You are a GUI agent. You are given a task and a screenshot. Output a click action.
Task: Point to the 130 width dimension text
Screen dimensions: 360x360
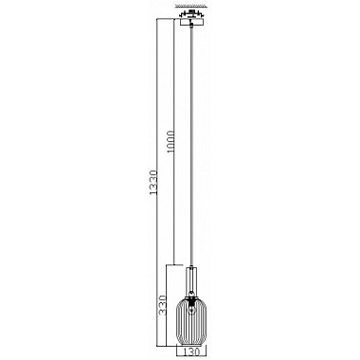(x=194, y=349)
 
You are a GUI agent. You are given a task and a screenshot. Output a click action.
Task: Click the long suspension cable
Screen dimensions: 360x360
(x=194, y=142)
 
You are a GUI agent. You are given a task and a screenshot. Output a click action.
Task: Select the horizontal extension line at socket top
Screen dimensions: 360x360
(x=180, y=263)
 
